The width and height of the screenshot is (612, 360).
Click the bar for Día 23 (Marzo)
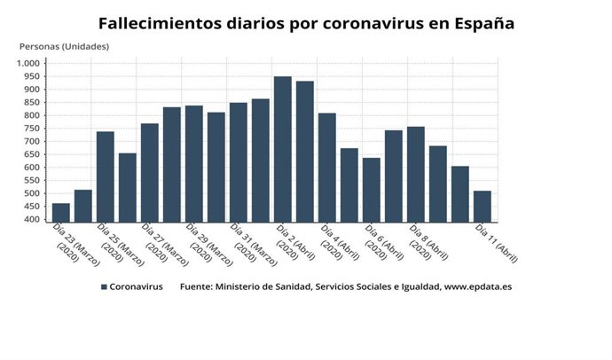click(x=60, y=213)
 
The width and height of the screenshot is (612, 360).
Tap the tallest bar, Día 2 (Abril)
click(x=283, y=149)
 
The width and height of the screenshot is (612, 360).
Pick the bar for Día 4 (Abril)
click(x=327, y=168)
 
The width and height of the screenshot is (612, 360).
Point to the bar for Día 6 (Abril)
click(x=372, y=190)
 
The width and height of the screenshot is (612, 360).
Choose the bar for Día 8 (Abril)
click(x=416, y=174)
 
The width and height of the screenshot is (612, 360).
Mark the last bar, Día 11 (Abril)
click(x=483, y=206)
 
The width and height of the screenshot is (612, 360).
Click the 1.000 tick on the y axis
click(x=28, y=64)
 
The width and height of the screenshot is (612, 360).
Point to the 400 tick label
click(x=33, y=219)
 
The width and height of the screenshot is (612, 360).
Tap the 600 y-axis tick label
click(x=33, y=168)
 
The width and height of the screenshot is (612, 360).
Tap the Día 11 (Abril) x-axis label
click(x=496, y=245)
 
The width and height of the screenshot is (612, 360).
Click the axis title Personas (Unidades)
click(x=64, y=46)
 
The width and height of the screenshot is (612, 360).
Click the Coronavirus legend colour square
click(x=104, y=287)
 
